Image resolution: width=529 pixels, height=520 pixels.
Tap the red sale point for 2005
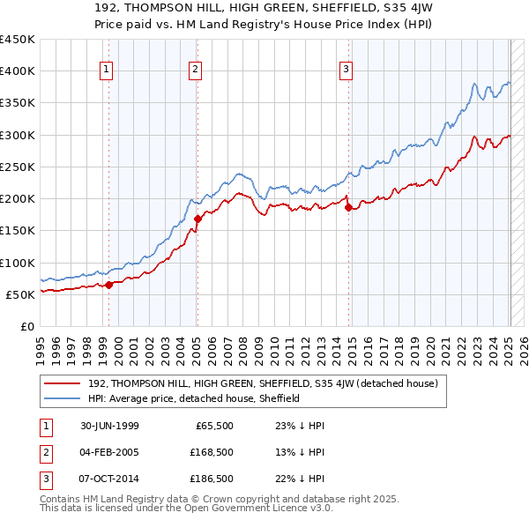197,219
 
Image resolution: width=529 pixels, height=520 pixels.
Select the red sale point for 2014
349,208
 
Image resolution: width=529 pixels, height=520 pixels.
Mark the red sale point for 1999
109,285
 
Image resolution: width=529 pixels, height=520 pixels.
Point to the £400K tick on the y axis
18,71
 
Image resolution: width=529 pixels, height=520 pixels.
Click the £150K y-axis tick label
18,231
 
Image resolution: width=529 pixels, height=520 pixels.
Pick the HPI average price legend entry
194,398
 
